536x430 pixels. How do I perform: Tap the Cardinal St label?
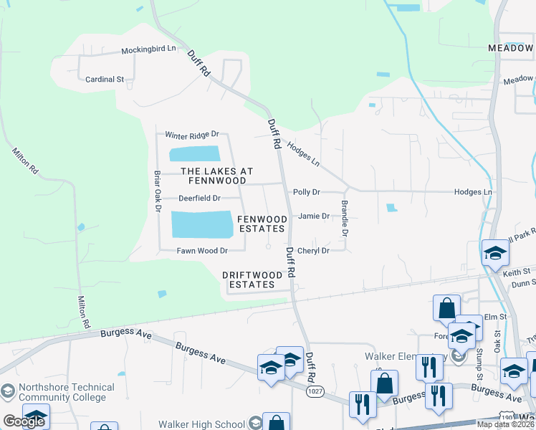pos(105,80)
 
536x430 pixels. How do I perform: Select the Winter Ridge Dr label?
pos(191,135)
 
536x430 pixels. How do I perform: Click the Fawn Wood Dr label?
pos(202,251)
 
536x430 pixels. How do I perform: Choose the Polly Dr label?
pos(306,192)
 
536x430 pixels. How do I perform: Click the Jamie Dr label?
pos(313,216)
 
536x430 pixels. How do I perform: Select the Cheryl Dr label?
pos(313,251)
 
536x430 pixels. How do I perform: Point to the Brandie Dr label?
pos(345,219)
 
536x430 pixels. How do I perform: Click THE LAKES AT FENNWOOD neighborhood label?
pos(216,176)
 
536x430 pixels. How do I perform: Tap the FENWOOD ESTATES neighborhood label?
pos(262,224)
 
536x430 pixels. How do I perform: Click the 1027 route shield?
pos(313,391)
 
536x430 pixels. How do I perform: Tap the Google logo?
pos(23,421)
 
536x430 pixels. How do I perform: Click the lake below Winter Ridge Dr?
pos(194,154)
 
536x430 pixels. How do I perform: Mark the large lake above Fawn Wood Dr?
pos(202,224)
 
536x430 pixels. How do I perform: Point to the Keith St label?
pos(515,272)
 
